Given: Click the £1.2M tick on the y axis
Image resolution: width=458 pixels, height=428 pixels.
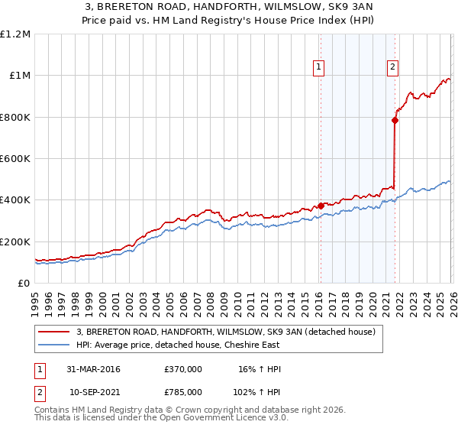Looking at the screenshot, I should (x=16, y=34).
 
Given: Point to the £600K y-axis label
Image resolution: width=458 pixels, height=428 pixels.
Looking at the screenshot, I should (x=16, y=158).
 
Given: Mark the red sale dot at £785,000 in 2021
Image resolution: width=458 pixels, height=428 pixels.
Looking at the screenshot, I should (x=395, y=120).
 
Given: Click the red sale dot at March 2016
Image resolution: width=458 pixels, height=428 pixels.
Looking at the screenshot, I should (x=321, y=206).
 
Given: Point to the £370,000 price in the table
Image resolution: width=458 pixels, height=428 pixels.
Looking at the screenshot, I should (x=183, y=369).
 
